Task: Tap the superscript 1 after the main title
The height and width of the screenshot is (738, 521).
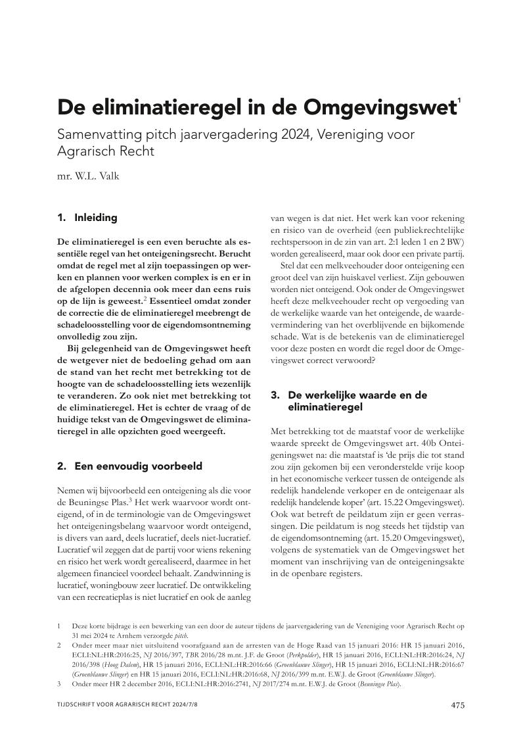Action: pyautogui.click(x=459, y=99)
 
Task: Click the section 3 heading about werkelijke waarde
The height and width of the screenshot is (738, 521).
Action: pyautogui.click(x=349, y=401)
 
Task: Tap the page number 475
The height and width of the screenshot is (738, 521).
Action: pyautogui.click(x=458, y=705)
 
